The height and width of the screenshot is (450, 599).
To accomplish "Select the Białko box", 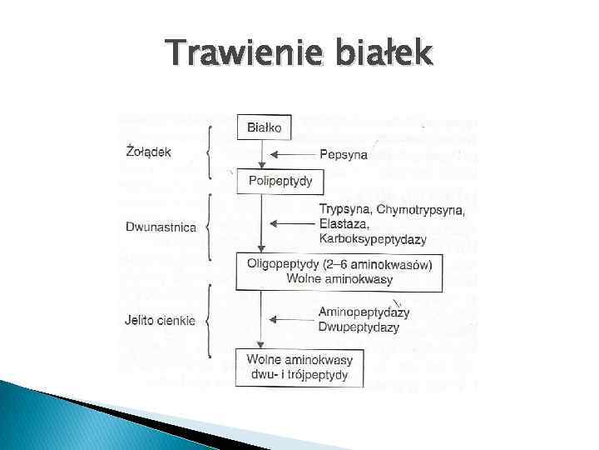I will pyautogui.click(x=264, y=127).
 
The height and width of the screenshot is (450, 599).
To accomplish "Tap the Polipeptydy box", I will pyautogui.click(x=280, y=180).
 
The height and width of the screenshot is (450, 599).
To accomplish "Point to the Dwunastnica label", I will pyautogui.click(x=161, y=226).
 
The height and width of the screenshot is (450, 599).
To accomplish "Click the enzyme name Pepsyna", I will pyautogui.click(x=344, y=154).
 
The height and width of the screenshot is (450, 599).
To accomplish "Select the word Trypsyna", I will pyautogui.click(x=345, y=209).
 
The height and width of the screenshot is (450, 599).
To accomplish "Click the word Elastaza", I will pyautogui.click(x=343, y=224).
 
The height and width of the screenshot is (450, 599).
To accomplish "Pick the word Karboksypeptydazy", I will pyautogui.click(x=372, y=239).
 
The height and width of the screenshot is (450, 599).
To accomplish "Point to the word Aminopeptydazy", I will pyautogui.click(x=364, y=312).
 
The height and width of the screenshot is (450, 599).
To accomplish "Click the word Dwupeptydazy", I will pyautogui.click(x=359, y=327).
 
